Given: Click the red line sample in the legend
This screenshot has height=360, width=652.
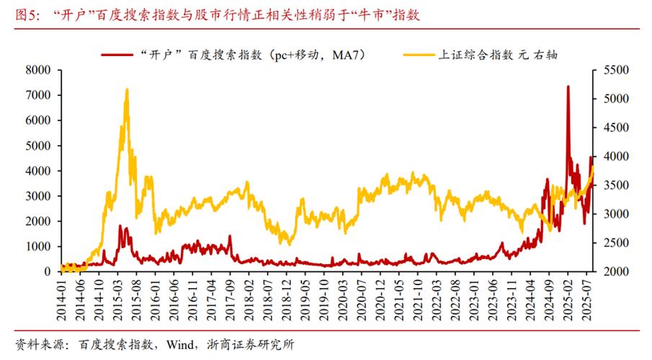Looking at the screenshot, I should (x=117, y=54).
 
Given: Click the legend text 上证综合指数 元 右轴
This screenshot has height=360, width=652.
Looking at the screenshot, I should (x=499, y=54).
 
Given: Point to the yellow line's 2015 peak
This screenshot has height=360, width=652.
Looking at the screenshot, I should (x=127, y=90).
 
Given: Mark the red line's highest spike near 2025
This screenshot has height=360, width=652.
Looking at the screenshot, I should (x=568, y=86).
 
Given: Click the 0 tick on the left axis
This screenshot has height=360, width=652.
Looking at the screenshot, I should (x=48, y=271).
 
